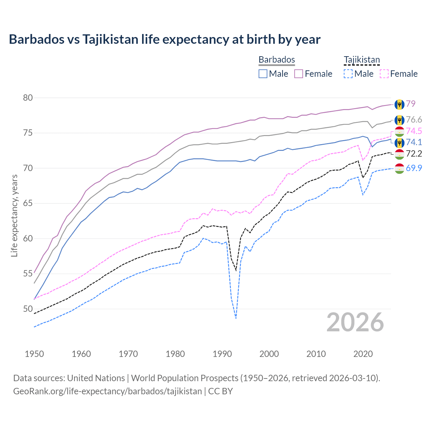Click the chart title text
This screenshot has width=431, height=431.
pyautogui.click(x=165, y=39)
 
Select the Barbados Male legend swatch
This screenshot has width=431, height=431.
pyautogui.click(x=263, y=74)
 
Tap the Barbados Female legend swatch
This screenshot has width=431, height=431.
pyautogui.click(x=299, y=74)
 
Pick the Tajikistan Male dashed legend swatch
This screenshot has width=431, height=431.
pyautogui.click(x=348, y=74)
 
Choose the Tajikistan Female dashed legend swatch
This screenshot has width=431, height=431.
pyautogui.click(x=384, y=74)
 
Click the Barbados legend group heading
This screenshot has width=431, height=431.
pyautogui.click(x=277, y=60)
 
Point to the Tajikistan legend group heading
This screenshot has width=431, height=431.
pyautogui.click(x=362, y=60)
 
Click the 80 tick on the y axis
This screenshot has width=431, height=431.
pyautogui.click(x=28, y=98)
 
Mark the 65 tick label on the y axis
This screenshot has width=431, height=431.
pyautogui.click(x=28, y=203)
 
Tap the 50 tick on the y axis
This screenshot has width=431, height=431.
pyautogui.click(x=28, y=309)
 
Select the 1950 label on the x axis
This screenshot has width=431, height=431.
pyautogui.click(x=34, y=354)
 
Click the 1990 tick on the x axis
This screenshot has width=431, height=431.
pyautogui.click(x=222, y=354)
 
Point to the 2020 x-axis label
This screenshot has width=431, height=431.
pyautogui.click(x=363, y=354)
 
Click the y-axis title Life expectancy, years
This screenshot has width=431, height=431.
pyautogui.click(x=14, y=215)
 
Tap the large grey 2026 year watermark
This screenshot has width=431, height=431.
pyautogui.click(x=355, y=322)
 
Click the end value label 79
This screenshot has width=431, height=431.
pyautogui.click(x=410, y=104)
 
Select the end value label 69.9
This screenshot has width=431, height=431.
pyautogui.click(x=414, y=168)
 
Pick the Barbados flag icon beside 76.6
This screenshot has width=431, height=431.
pyautogui.click(x=399, y=120)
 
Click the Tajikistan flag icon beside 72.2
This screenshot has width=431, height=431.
pyautogui.click(x=399, y=154)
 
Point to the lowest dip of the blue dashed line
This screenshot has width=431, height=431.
pyautogui.click(x=236, y=318)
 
